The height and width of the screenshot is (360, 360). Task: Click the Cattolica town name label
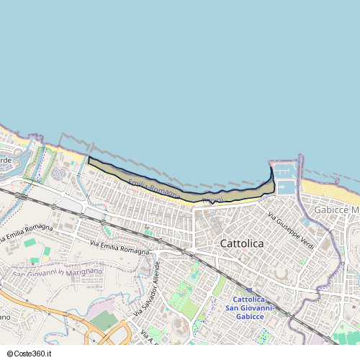240,243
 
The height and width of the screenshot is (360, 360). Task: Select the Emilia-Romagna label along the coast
154,186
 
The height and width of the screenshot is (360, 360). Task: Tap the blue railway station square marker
248,290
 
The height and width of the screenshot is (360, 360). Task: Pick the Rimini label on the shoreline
213,199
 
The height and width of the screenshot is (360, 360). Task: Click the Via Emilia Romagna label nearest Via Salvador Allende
120,248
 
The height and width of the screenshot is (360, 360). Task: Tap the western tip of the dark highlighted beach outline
89,158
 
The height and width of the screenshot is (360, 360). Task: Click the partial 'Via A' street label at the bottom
147,336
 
